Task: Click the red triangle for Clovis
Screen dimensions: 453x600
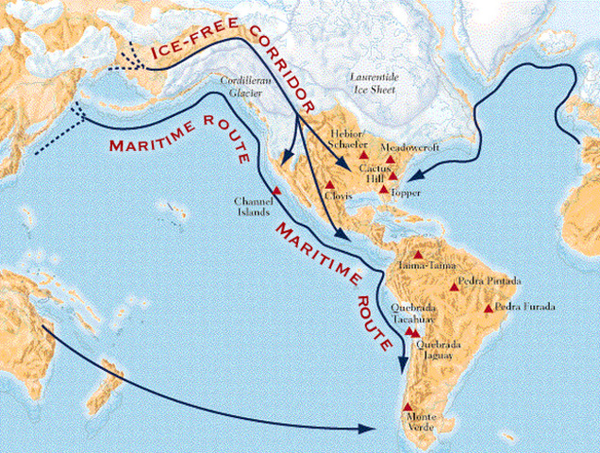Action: pyautogui.click(x=330, y=184)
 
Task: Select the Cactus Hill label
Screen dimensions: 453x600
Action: pyautogui.click(x=371, y=172)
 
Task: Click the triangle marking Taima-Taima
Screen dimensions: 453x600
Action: pyautogui.click(x=417, y=254)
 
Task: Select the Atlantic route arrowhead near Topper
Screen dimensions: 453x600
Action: pyautogui.click(x=416, y=173)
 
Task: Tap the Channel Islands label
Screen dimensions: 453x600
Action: pyautogui.click(x=252, y=206)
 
